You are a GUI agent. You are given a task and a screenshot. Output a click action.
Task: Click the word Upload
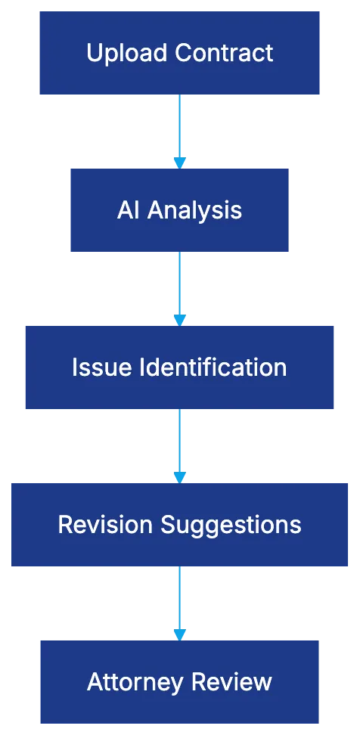[128, 54]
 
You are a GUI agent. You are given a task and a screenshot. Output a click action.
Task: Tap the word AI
[129, 210]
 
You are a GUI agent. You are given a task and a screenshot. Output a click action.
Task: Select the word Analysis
[194, 210]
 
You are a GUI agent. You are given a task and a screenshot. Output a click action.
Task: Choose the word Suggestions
[230, 525]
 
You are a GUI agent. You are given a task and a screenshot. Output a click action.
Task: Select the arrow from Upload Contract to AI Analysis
[178, 129]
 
